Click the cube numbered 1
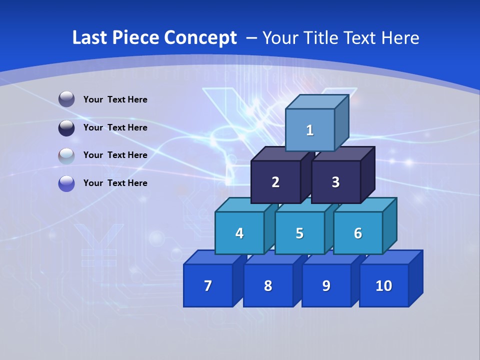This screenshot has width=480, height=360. coord(310,130)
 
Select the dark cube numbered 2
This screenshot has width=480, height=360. coord(275,182)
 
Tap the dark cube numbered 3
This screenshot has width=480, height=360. coord(335,182)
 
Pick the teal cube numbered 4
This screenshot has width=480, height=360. coord(239,233)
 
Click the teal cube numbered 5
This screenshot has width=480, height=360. coord(299,233)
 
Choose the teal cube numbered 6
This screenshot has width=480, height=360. coord(358,233)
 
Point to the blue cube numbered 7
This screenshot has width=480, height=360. coord(208,285)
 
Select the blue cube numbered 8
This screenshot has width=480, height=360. coord(268,285)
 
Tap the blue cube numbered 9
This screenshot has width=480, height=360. coord(326,285)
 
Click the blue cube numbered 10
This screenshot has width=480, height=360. coord(384,285)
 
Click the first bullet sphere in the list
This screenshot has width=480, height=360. coord(66,99)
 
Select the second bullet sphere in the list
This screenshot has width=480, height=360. coord(66,127)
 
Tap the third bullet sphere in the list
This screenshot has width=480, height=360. coord(66,155)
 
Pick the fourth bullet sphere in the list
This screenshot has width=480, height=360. coord(66,183)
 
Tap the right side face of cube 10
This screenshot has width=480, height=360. coord(416,278)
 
